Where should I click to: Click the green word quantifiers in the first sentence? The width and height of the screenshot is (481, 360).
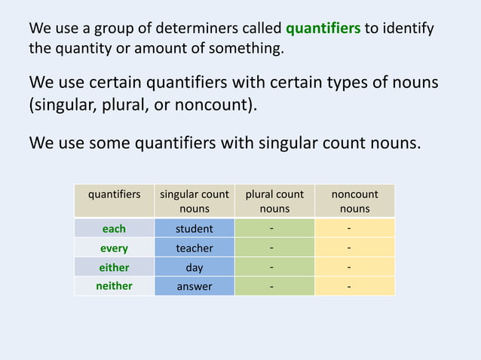coord(323,29)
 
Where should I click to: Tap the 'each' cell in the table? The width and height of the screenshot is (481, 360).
coord(114,228)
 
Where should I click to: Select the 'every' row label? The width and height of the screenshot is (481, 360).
coord(114,248)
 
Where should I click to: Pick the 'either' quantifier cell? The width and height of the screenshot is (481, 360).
coord(114,267)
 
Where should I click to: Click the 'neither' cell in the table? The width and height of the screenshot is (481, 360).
coord(114,286)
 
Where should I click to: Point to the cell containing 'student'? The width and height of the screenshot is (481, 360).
coord(195,228)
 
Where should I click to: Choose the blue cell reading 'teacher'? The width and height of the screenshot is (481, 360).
coord(195,248)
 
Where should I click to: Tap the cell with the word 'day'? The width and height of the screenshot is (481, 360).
coord(195,267)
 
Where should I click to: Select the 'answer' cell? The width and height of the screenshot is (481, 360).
coord(195,286)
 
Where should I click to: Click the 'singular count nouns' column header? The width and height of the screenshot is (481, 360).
coord(195,201)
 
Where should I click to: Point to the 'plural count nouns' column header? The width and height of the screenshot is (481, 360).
coord(274,201)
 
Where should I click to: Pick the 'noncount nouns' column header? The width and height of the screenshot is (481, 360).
coord(354,201)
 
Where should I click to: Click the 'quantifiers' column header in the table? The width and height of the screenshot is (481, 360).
coord(115,194)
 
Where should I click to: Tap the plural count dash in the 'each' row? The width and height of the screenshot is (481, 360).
coord(273,228)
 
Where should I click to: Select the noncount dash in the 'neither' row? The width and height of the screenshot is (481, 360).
coord(348,286)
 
